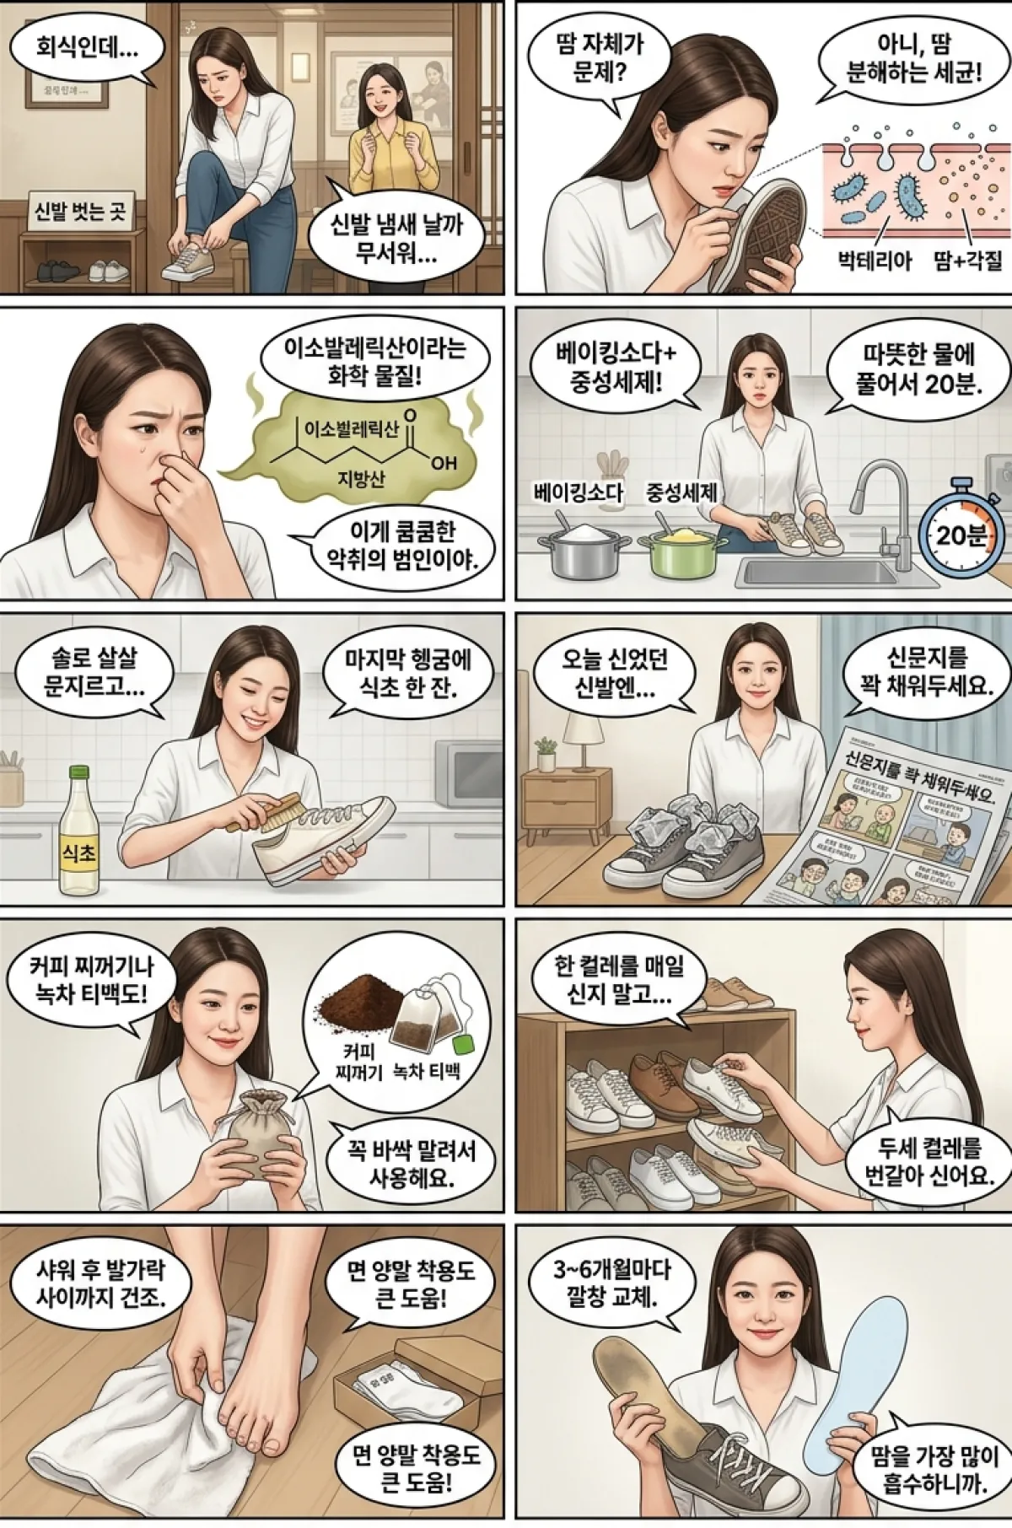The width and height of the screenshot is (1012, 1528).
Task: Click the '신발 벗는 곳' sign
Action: [x=79, y=211]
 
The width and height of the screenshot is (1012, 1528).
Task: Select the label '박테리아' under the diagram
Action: [x=874, y=261]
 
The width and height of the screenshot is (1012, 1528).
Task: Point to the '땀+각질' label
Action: [x=968, y=261]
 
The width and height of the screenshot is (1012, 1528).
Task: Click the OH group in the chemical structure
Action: [x=444, y=462]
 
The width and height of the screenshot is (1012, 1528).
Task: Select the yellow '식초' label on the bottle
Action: [x=79, y=853]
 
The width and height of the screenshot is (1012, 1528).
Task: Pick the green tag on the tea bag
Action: [x=461, y=1045]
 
